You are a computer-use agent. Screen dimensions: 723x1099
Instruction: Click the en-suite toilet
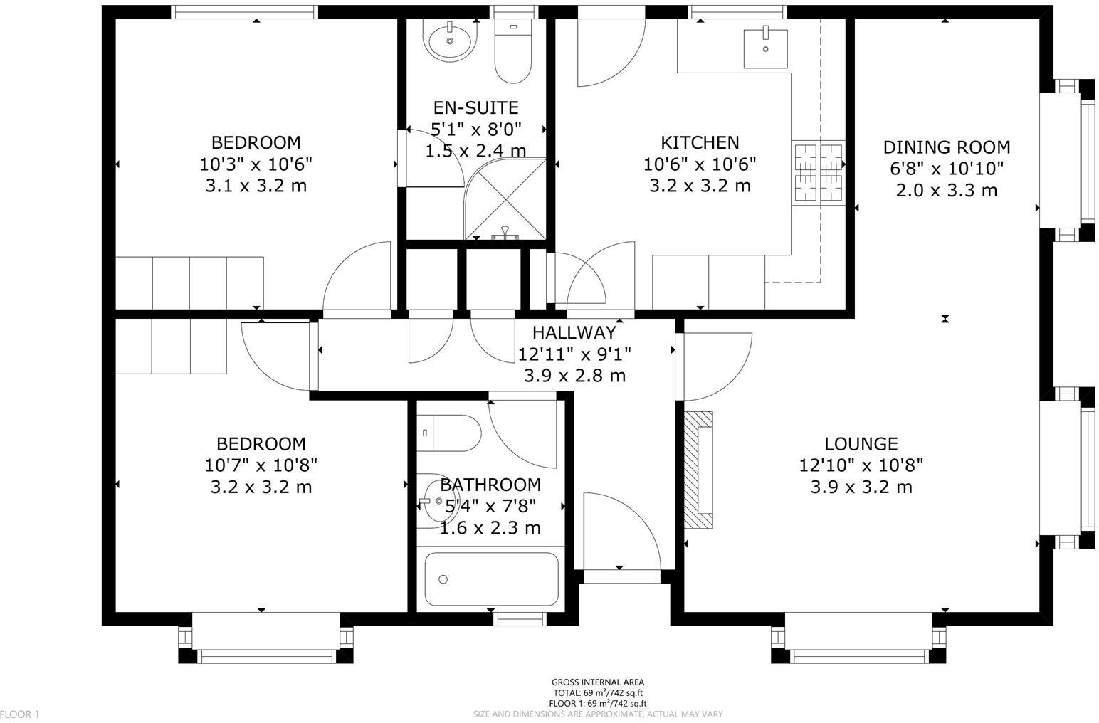pyautogui.click(x=512, y=53)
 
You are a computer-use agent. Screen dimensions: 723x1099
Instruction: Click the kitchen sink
pyautogui.click(x=765, y=48)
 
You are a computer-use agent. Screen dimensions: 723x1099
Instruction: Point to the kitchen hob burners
pyautogui.click(x=817, y=172)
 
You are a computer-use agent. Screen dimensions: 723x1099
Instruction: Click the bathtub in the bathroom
pyautogui.click(x=491, y=579)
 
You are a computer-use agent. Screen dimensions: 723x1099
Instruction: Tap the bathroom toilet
pyautogui.click(x=450, y=433)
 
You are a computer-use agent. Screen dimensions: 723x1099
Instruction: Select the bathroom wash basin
pyautogui.click(x=431, y=502)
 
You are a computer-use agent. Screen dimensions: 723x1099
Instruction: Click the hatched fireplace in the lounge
pyautogui.click(x=698, y=470)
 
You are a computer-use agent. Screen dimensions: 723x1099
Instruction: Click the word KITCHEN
pyautogui.click(x=700, y=142)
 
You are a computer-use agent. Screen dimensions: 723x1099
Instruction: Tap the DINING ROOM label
pyautogui.click(x=946, y=147)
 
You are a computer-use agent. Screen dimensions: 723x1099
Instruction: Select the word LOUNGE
pyautogui.click(x=861, y=444)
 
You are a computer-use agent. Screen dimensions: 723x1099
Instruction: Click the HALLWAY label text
pyautogui.click(x=574, y=332)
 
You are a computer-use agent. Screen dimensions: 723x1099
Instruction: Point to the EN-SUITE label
pyautogui.click(x=475, y=108)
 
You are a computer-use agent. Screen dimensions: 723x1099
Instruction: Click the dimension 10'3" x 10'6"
pyautogui.click(x=256, y=164)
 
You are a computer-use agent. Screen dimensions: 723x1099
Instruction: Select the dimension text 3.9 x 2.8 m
pyautogui.click(x=574, y=376)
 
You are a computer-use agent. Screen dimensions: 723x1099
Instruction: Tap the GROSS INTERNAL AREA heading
pyautogui.click(x=597, y=682)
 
